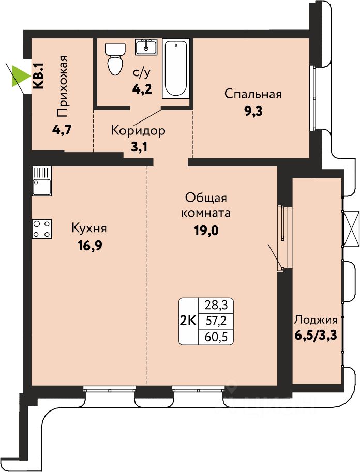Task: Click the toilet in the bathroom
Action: tap(115, 59)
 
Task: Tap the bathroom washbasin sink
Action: tap(146, 47)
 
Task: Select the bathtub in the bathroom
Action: tap(176, 69)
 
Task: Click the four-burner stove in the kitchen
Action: tap(42, 229)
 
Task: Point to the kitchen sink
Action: tap(42, 181)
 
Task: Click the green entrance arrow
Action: tap(19, 76)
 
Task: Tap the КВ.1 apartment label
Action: tap(39, 75)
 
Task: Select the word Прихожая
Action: tap(62, 87)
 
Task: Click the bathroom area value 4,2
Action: tap(141, 89)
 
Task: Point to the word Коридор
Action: tap(138, 131)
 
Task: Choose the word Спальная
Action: tap(253, 94)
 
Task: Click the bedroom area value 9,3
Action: tap(253, 111)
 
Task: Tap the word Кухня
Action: tap(89, 228)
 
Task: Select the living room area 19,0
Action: tap(207, 231)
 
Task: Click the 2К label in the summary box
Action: tap(188, 321)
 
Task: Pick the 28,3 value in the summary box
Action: tap(216, 306)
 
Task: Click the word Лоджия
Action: tap(316, 319)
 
